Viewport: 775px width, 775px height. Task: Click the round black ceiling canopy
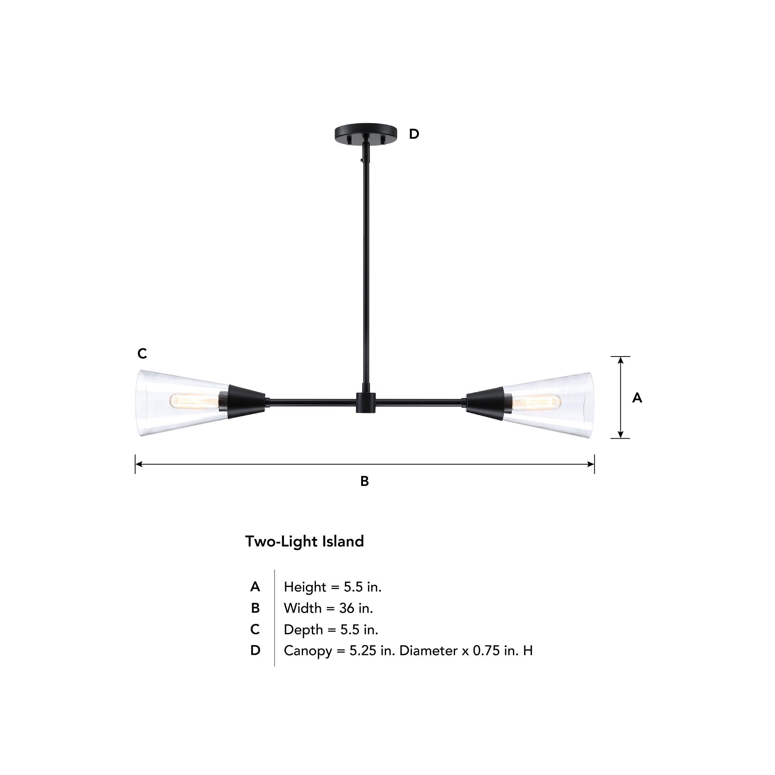pyautogui.click(x=365, y=131)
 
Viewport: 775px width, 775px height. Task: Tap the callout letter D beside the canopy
pyautogui.click(x=414, y=134)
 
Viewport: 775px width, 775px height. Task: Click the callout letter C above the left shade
pyautogui.click(x=142, y=353)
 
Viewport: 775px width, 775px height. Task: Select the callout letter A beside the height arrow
pyautogui.click(x=637, y=398)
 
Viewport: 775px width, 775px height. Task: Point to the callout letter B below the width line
pyautogui.click(x=364, y=481)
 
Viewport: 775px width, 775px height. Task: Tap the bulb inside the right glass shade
pyautogui.click(x=536, y=402)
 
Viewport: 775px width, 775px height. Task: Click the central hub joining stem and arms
pyautogui.click(x=366, y=402)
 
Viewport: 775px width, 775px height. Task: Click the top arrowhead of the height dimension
pyautogui.click(x=620, y=360)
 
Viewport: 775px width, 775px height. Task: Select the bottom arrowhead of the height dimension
pyautogui.click(x=620, y=434)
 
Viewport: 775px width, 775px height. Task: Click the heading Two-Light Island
pyautogui.click(x=305, y=542)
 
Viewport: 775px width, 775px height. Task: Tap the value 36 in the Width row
pyautogui.click(x=346, y=608)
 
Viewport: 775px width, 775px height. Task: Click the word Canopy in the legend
pyautogui.click(x=308, y=651)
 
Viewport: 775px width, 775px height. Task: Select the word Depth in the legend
pyautogui.click(x=303, y=629)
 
